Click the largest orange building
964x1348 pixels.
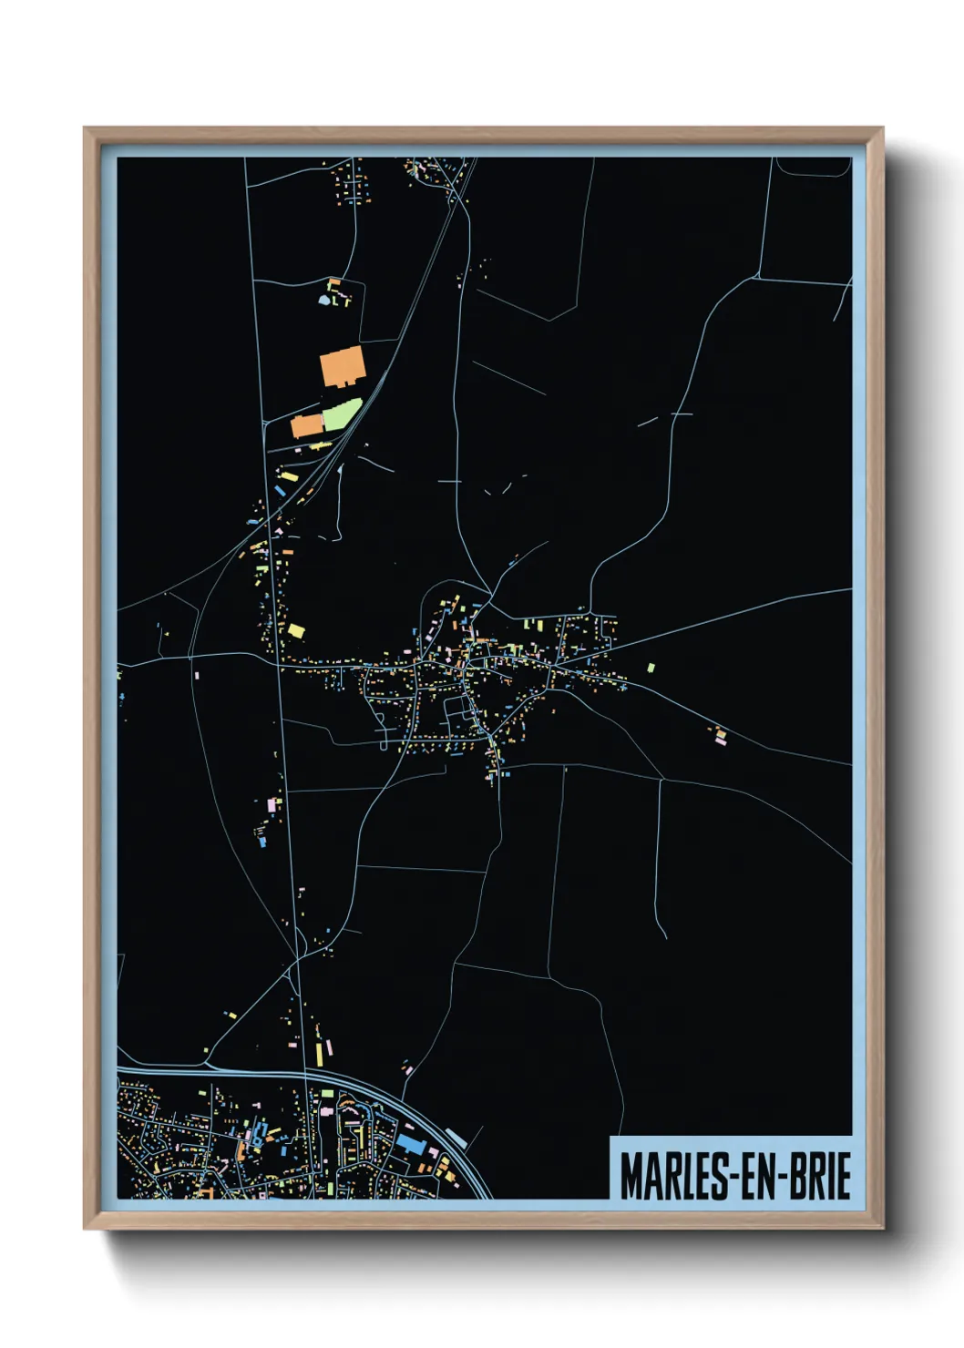(343, 366)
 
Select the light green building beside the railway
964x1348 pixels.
(341, 415)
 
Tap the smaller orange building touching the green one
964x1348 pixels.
(307, 425)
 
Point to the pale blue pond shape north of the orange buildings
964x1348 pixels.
(323, 298)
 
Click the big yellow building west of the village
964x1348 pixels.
(296, 629)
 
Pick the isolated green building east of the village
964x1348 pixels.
(651, 668)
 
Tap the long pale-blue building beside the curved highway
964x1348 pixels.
(456, 1139)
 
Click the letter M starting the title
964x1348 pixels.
(631, 1176)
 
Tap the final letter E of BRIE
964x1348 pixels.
(844, 1176)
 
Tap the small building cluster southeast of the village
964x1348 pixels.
(720, 735)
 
